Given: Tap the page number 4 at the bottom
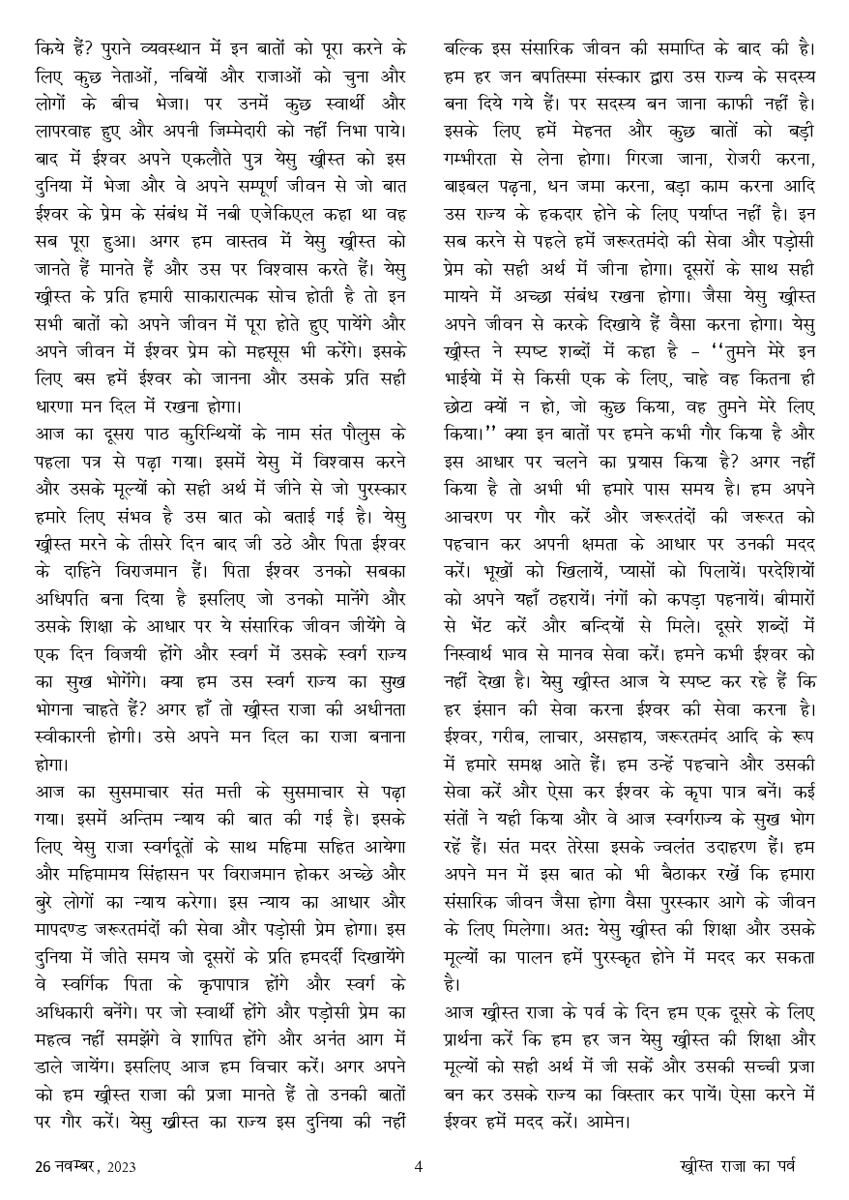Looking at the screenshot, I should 418,1166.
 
